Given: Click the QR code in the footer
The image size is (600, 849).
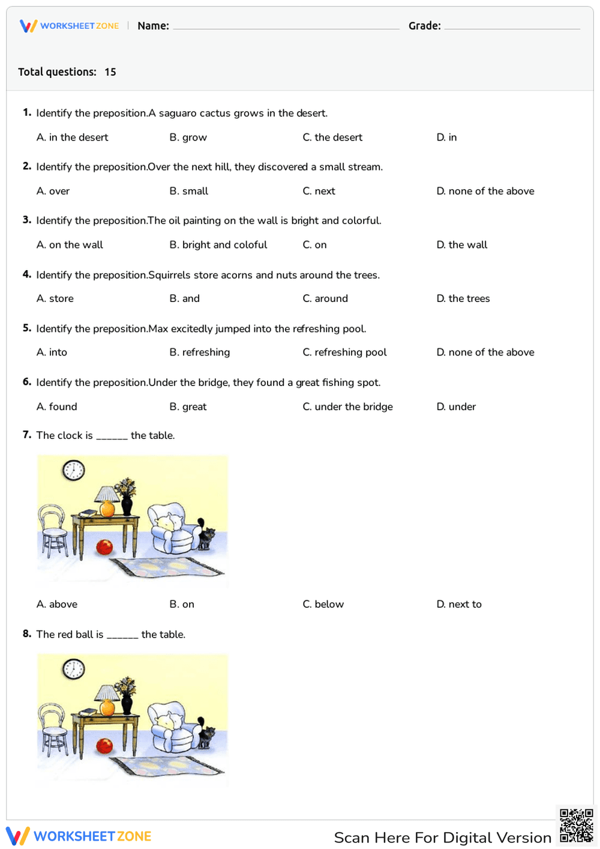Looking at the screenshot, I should [576, 826].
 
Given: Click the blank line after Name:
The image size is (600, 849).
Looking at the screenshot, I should [286, 28].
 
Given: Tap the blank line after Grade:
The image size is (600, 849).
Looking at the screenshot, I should [512, 28].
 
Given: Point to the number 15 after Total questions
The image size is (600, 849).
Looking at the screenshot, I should [110, 72].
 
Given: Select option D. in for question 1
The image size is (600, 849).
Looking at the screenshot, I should [446, 137].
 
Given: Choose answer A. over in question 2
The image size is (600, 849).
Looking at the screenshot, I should [53, 191].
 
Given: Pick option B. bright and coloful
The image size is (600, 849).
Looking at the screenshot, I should [218, 245].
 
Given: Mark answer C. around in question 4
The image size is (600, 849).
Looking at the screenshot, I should [325, 298].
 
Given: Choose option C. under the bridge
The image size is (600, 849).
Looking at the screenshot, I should [347, 406].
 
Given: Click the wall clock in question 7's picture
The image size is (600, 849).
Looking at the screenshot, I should [74, 470].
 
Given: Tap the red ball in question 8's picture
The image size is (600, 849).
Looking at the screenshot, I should [104, 746].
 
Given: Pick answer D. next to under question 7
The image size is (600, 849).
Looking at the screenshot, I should [459, 604].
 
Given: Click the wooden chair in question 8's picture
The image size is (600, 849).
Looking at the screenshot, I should [53, 730].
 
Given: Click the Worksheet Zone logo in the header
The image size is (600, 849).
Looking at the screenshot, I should [69, 26].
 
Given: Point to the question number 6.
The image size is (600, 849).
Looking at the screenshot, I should [27, 382].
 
